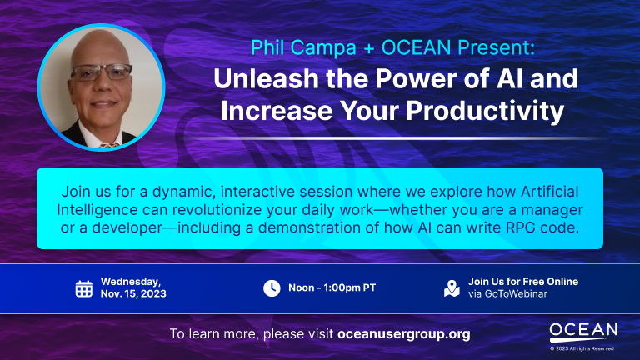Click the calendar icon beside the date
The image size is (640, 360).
[83, 288]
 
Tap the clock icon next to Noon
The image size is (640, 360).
[272, 288]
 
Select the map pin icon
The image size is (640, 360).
[452, 288]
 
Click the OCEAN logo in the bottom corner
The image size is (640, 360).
[583, 332]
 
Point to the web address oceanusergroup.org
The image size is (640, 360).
[404, 334]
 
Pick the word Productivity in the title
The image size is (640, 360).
[485, 111]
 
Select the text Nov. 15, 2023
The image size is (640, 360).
[133, 294]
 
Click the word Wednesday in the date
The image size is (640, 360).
[129, 282]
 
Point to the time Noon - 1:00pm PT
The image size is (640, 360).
[332, 287]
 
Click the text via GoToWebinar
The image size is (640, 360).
[507, 294]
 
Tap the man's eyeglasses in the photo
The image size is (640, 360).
[101, 72]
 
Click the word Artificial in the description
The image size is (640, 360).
[550, 192]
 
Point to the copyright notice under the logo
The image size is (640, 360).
[582, 348]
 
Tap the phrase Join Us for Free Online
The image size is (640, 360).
[523, 282]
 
